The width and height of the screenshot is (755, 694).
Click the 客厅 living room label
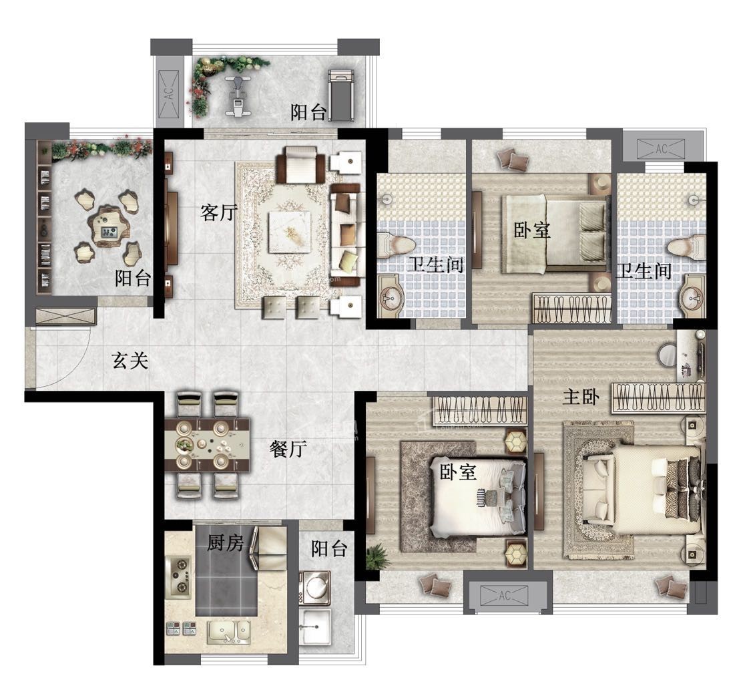click(219, 212)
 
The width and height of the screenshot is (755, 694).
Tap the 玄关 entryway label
click(130, 361)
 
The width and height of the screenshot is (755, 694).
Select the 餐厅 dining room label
click(288, 449)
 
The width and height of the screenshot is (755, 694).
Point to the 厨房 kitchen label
click(226, 543)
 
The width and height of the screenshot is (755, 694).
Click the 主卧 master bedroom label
click(581, 397)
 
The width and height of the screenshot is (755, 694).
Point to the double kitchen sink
click(229, 632)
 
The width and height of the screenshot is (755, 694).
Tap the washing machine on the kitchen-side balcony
click(315, 588)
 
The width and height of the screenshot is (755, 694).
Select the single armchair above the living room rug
click(302, 165)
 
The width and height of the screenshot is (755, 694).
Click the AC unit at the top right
click(661, 149)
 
